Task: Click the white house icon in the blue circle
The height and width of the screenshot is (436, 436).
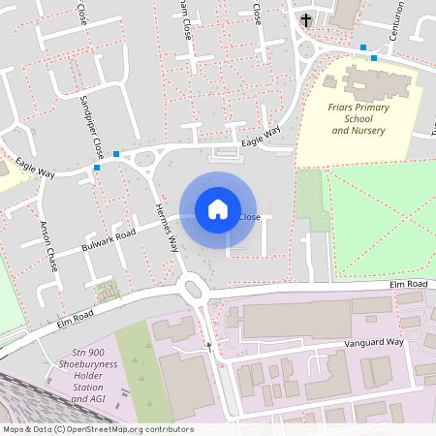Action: pyautogui.click(x=218, y=208)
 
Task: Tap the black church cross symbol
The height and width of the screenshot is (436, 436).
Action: pyautogui.click(x=306, y=19)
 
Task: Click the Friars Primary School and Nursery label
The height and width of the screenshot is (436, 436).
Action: pyautogui.click(x=358, y=117)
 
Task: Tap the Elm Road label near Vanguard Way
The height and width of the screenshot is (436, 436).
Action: pyautogui.click(x=408, y=283)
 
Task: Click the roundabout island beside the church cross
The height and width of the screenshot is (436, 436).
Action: pyautogui.click(x=308, y=47)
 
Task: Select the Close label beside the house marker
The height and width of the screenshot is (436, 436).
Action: pyautogui.click(x=249, y=217)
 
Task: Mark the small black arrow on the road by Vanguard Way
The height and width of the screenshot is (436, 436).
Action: pyautogui.click(x=208, y=344)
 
